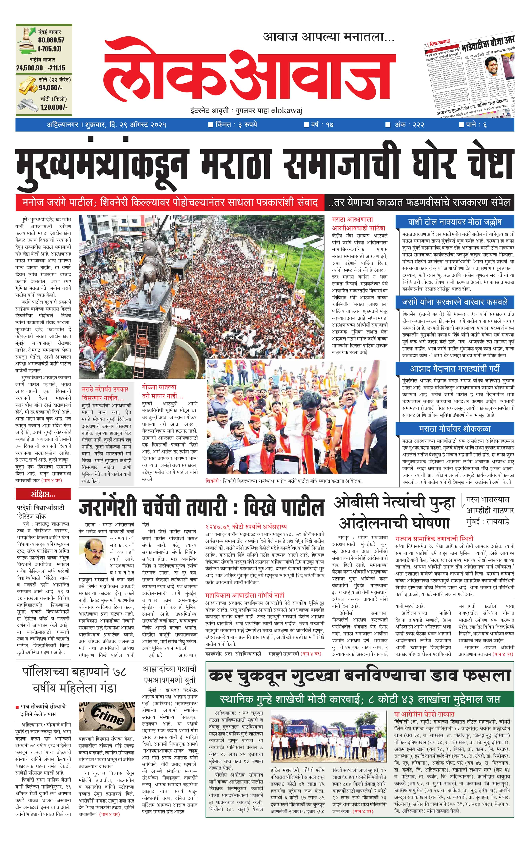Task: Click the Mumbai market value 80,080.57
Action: (x=51, y=40)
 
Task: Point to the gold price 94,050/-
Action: (x=51, y=88)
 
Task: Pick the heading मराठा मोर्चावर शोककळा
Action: (x=455, y=429)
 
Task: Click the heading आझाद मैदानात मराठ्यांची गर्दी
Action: (x=455, y=368)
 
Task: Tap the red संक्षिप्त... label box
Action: (x=43, y=494)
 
